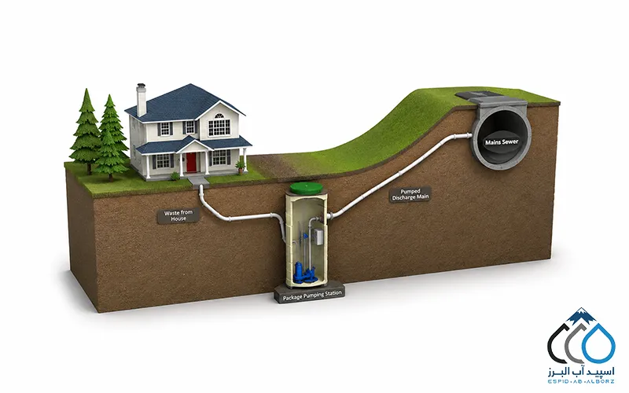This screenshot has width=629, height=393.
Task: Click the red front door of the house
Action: [192, 162]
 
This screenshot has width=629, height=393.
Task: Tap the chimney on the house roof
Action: [141, 100]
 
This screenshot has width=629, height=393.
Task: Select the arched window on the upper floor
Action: [219, 124]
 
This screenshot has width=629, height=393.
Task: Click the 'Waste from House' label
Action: [178, 215]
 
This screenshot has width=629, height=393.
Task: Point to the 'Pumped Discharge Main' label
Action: [410, 194]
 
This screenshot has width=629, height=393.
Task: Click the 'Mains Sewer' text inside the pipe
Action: [502, 142]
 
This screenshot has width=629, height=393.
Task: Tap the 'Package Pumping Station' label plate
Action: [312, 296]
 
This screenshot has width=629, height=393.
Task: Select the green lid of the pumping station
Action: [306, 187]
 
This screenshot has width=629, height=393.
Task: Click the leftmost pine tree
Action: [86, 131]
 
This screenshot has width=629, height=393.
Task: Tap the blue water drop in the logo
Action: [598, 343]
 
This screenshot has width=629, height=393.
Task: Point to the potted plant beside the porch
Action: [241, 166]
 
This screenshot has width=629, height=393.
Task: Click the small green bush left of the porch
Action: [175, 176]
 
